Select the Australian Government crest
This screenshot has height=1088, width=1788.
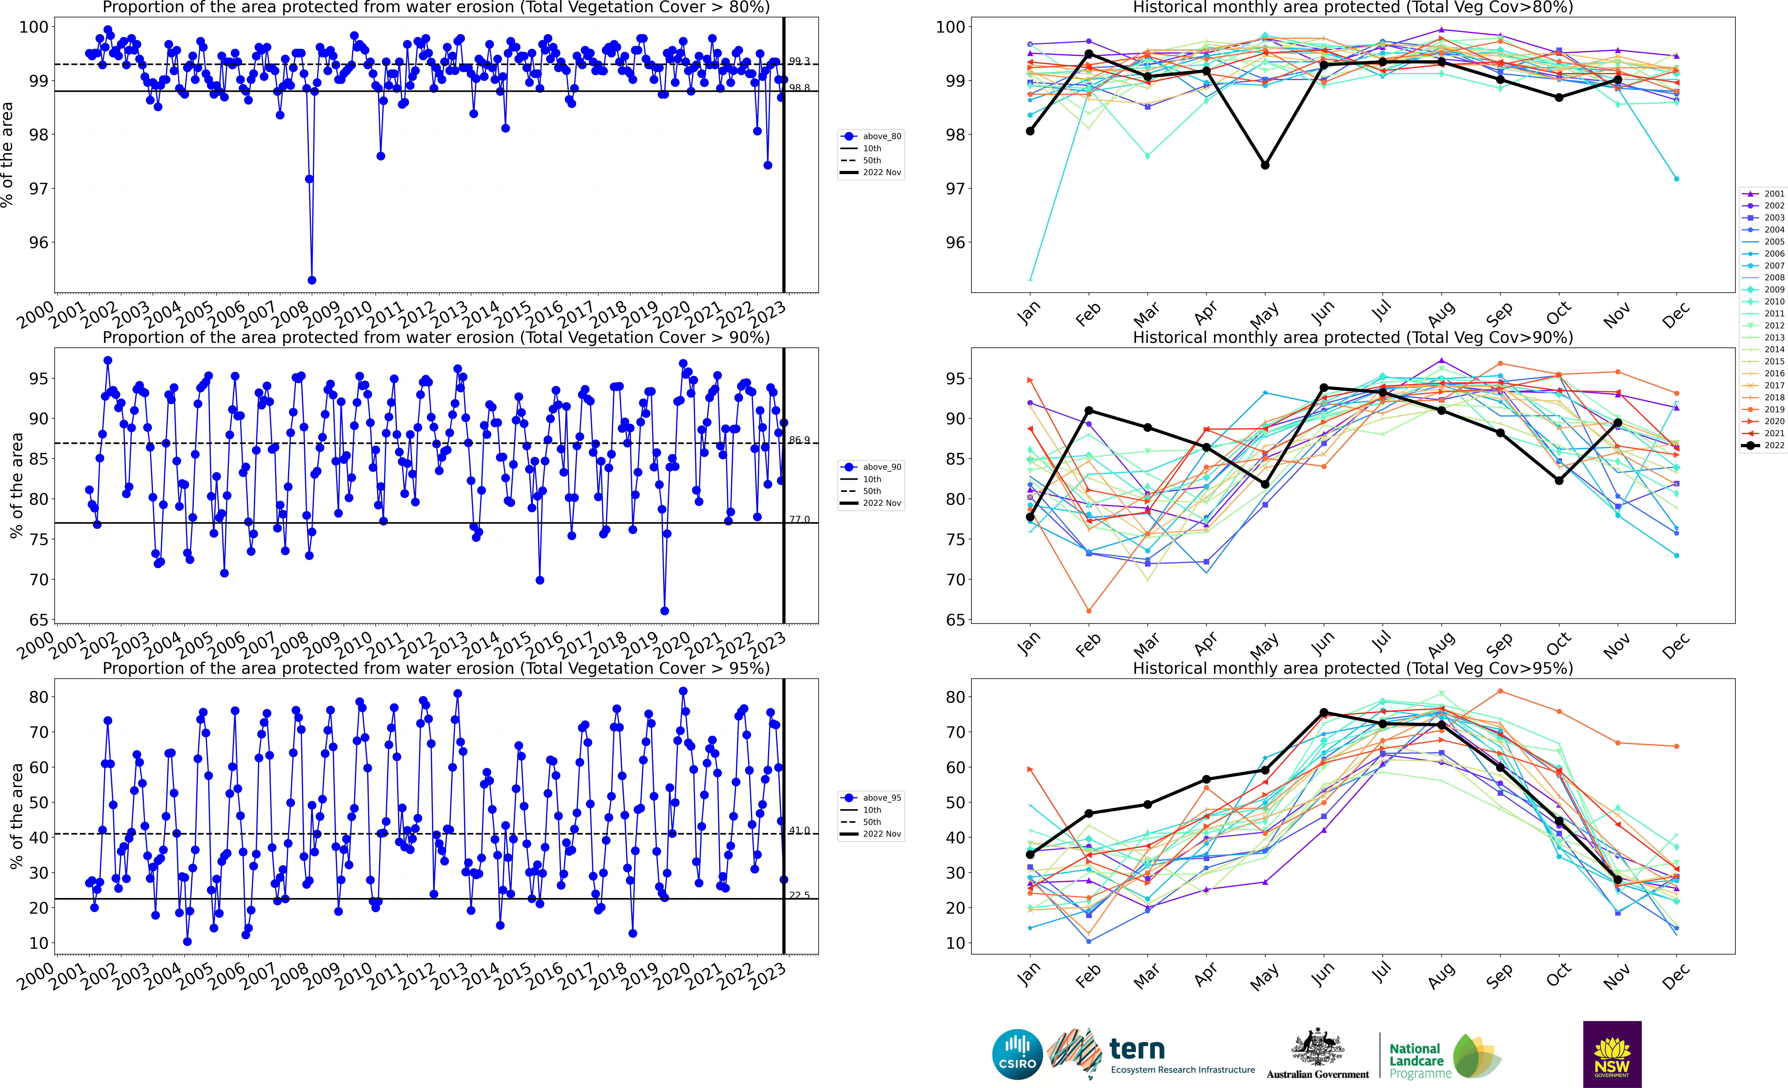(1317, 1048)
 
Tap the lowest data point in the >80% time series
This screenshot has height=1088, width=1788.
(312, 280)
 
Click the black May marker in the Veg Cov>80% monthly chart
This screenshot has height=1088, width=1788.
(1265, 165)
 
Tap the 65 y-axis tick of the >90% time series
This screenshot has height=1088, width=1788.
(40, 620)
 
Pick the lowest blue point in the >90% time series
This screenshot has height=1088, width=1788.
(665, 611)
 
